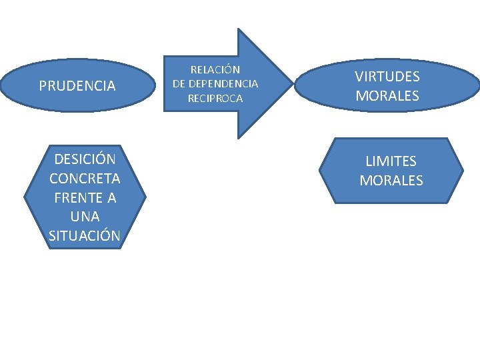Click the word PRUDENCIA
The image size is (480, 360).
coord(77,86)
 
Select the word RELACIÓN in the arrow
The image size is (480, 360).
coord(215,69)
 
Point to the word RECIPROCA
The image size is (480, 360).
coord(215,99)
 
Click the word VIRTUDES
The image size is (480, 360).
coord(387,77)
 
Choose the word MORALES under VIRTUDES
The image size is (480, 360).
coord(387,95)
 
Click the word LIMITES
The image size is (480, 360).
coord(391,161)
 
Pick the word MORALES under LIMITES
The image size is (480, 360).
coord(391,180)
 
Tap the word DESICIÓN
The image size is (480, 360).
coord(85,159)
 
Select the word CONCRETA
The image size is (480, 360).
coord(85,179)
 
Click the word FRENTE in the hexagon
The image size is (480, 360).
coord(77,198)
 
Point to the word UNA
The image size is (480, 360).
coord(85,217)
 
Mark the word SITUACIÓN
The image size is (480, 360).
coord(85,235)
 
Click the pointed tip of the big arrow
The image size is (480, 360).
coord(291,83)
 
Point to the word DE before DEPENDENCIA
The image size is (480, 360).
coord(179,84)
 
